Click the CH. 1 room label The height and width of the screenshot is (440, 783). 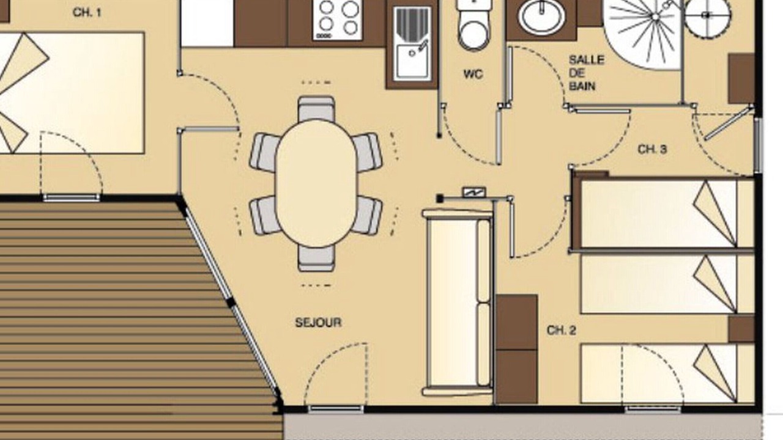point(87,13)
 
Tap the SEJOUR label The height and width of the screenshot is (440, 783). point(318,322)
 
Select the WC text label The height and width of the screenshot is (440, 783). point(473,74)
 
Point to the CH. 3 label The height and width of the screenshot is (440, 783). point(652,150)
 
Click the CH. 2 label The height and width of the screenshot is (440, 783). point(562,331)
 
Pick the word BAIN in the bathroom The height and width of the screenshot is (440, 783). point(582,86)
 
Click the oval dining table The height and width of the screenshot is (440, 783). point(316,183)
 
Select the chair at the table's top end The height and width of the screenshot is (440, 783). point(316,109)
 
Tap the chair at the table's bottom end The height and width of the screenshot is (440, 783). point(316,258)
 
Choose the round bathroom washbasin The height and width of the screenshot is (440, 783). point(541,16)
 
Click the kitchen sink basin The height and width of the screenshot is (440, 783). point(412,62)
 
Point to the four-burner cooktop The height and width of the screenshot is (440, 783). point(338,19)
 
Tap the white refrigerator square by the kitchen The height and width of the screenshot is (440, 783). point(207,23)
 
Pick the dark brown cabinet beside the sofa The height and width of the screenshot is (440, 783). point(517,349)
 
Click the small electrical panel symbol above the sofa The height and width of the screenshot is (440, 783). point(474,192)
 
